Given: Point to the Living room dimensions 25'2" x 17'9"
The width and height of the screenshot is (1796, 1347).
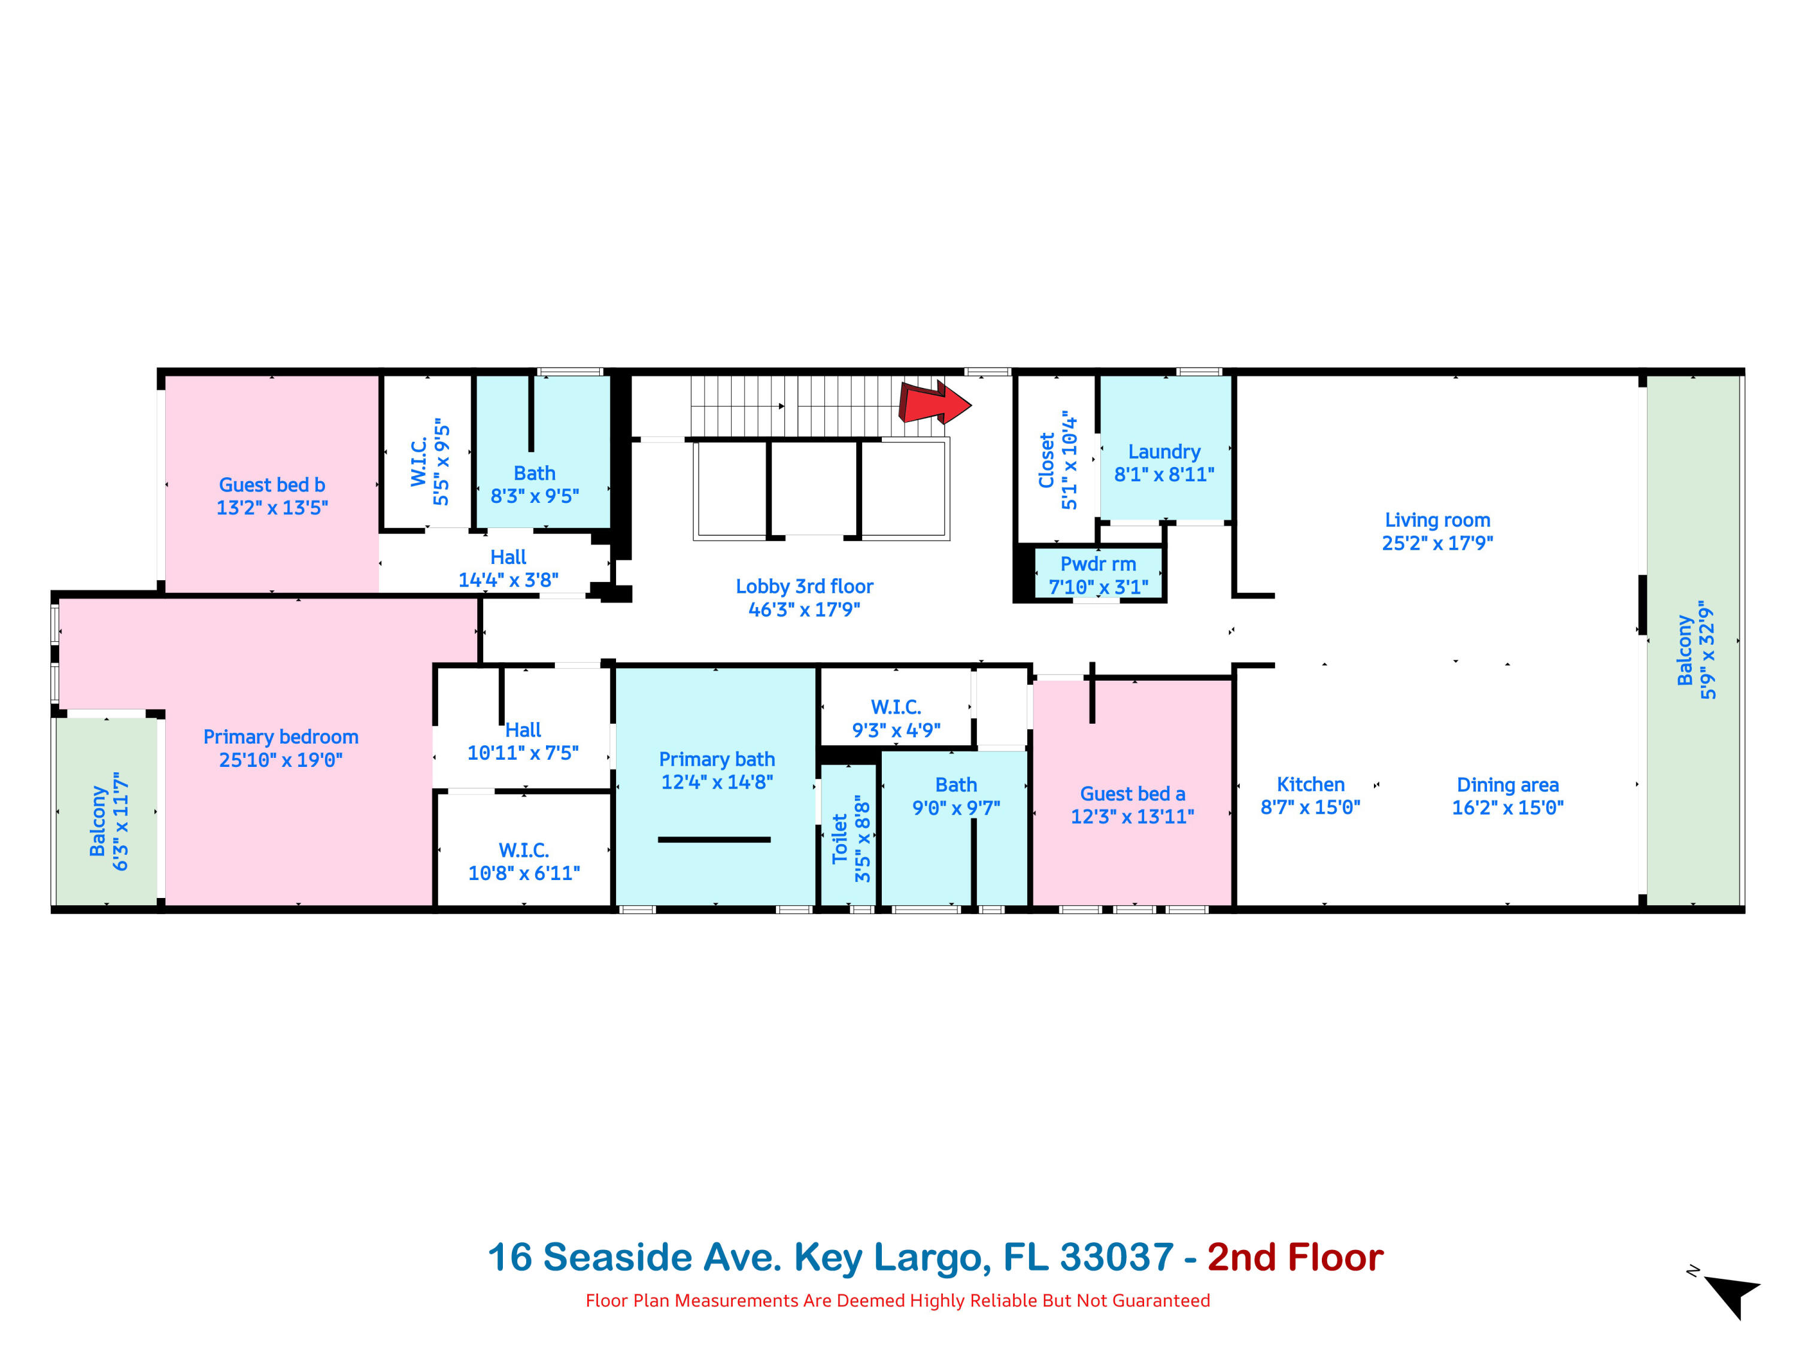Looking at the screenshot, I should pyautogui.click(x=1437, y=543).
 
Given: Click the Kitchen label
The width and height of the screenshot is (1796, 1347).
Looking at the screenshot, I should pyautogui.click(x=1310, y=785).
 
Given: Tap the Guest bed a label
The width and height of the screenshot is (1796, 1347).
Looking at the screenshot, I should pyautogui.click(x=1132, y=794).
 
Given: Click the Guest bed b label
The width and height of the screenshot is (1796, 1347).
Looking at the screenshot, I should pyautogui.click(x=272, y=485).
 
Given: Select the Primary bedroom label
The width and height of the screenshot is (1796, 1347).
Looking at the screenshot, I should pyautogui.click(x=280, y=737).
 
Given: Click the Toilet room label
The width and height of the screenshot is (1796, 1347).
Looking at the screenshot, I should pyautogui.click(x=839, y=839).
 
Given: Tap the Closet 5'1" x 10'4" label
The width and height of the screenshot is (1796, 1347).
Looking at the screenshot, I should pyautogui.click(x=1057, y=460).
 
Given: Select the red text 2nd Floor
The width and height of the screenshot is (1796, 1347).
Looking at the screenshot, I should pyautogui.click(x=1294, y=1258).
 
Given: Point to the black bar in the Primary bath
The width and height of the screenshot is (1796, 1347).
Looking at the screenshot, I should pyautogui.click(x=714, y=839).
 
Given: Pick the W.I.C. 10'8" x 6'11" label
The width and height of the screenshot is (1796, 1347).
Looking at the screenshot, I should pyautogui.click(x=524, y=851).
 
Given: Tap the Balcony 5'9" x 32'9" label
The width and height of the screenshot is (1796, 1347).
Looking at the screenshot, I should pyautogui.click(x=1695, y=650).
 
